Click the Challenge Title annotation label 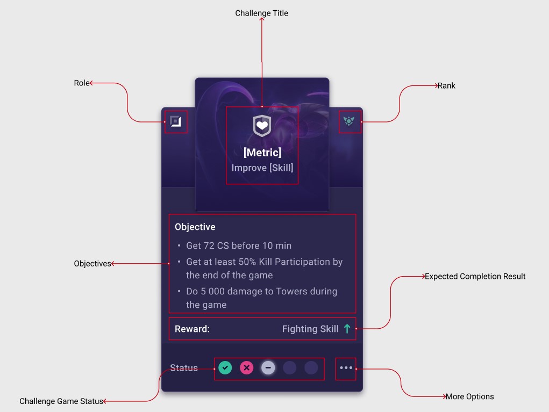pos(261,13)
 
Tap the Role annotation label pos(81,83)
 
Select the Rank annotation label pos(446,86)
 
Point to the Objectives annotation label pos(92,264)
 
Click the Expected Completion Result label pos(475,277)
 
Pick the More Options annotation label pos(469,397)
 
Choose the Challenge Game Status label pos(61,401)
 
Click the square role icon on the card pos(175,122)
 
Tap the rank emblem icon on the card pos(349,121)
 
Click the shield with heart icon pos(262,126)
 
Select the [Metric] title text pos(262,153)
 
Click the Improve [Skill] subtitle pos(262,168)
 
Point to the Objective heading pos(195,227)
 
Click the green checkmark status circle pos(225,368)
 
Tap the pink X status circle pos(247,368)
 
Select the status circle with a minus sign pos(268,368)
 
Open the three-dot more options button pos(346,368)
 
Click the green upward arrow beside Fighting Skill pos(347,329)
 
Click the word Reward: pos(192,329)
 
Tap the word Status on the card pos(184,368)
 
